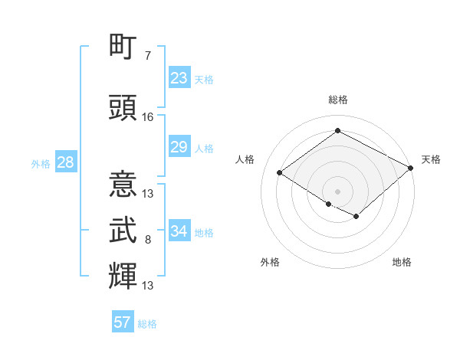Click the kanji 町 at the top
click(x=123, y=48)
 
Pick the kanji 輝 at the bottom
click(x=123, y=275)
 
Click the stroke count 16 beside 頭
click(x=148, y=117)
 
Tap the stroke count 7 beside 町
click(x=147, y=56)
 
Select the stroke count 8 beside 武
click(x=147, y=240)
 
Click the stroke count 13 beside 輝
click(x=148, y=286)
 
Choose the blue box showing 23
click(x=179, y=78)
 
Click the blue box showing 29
click(x=179, y=147)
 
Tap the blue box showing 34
click(x=179, y=231)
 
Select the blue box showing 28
click(x=64, y=162)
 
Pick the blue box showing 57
click(x=122, y=322)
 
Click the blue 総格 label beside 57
click(x=147, y=324)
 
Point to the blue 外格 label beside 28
click(x=41, y=163)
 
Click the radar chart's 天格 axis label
click(x=431, y=159)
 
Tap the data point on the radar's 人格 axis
click(x=280, y=172)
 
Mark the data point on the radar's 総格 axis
click(x=337, y=130)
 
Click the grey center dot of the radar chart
click(x=337, y=190)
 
